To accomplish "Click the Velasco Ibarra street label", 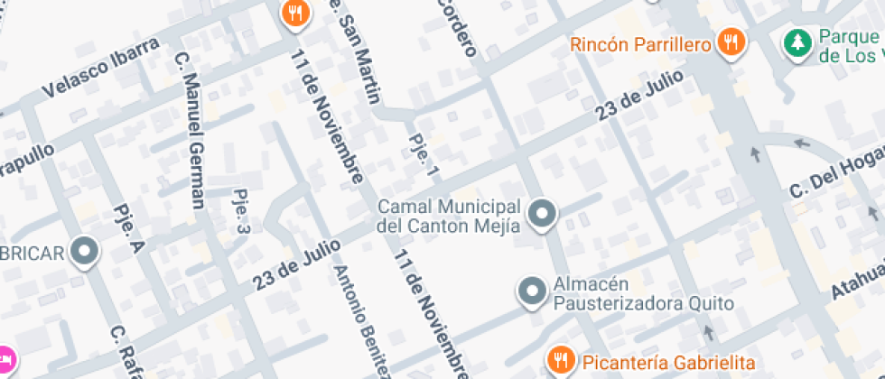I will tap(100, 69).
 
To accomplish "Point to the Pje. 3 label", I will tap(241, 211).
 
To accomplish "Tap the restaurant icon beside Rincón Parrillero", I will tap(731, 42).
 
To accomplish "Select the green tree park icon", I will tap(796, 42).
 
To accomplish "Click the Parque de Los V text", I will tap(849, 45).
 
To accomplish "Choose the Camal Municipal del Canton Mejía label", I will tap(449, 217).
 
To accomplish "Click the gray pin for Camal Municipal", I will tap(542, 215).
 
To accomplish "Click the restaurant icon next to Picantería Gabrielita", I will tap(561, 360).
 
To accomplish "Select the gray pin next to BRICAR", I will tap(86, 252).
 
